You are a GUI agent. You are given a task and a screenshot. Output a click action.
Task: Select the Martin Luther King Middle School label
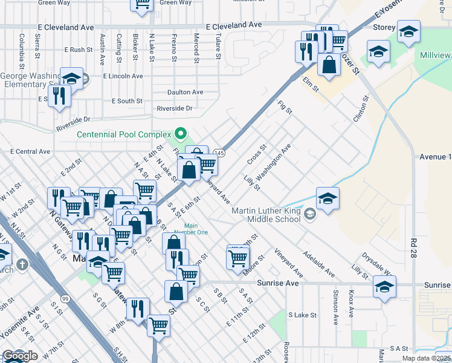click(266, 215)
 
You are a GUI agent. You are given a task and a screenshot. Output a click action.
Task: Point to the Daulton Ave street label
click(186, 93)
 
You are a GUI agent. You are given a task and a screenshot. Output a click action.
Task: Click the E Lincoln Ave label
click(123, 76)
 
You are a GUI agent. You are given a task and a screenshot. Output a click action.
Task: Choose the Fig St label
click(285, 108)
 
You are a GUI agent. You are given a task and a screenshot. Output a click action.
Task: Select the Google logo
click(19, 356)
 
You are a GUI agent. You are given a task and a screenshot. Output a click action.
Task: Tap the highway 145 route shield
click(220, 154)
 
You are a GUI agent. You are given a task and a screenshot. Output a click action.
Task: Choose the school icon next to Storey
click(409, 31)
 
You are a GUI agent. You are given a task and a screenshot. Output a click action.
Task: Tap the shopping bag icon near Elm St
click(328, 65)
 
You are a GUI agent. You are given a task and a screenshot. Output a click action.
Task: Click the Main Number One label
click(192, 229)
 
